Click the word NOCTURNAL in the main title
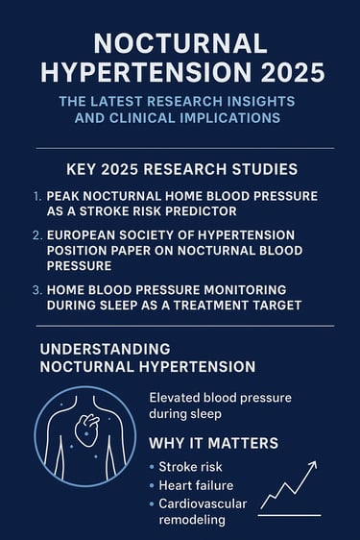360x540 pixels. pos(180,42)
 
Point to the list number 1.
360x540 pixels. pos(37,195)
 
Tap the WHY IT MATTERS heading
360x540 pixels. pos(213,444)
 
